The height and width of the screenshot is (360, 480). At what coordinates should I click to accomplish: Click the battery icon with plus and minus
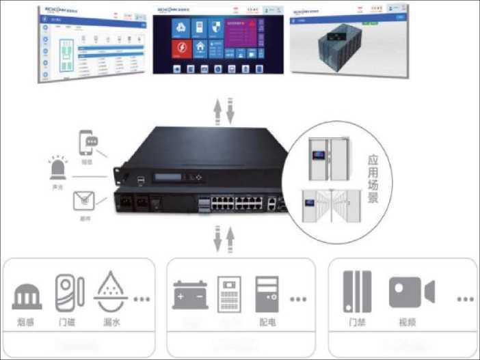[x=190, y=295]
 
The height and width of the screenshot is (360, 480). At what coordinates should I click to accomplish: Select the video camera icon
[x=411, y=292]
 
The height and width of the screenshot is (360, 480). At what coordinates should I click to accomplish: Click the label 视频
[x=410, y=322]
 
